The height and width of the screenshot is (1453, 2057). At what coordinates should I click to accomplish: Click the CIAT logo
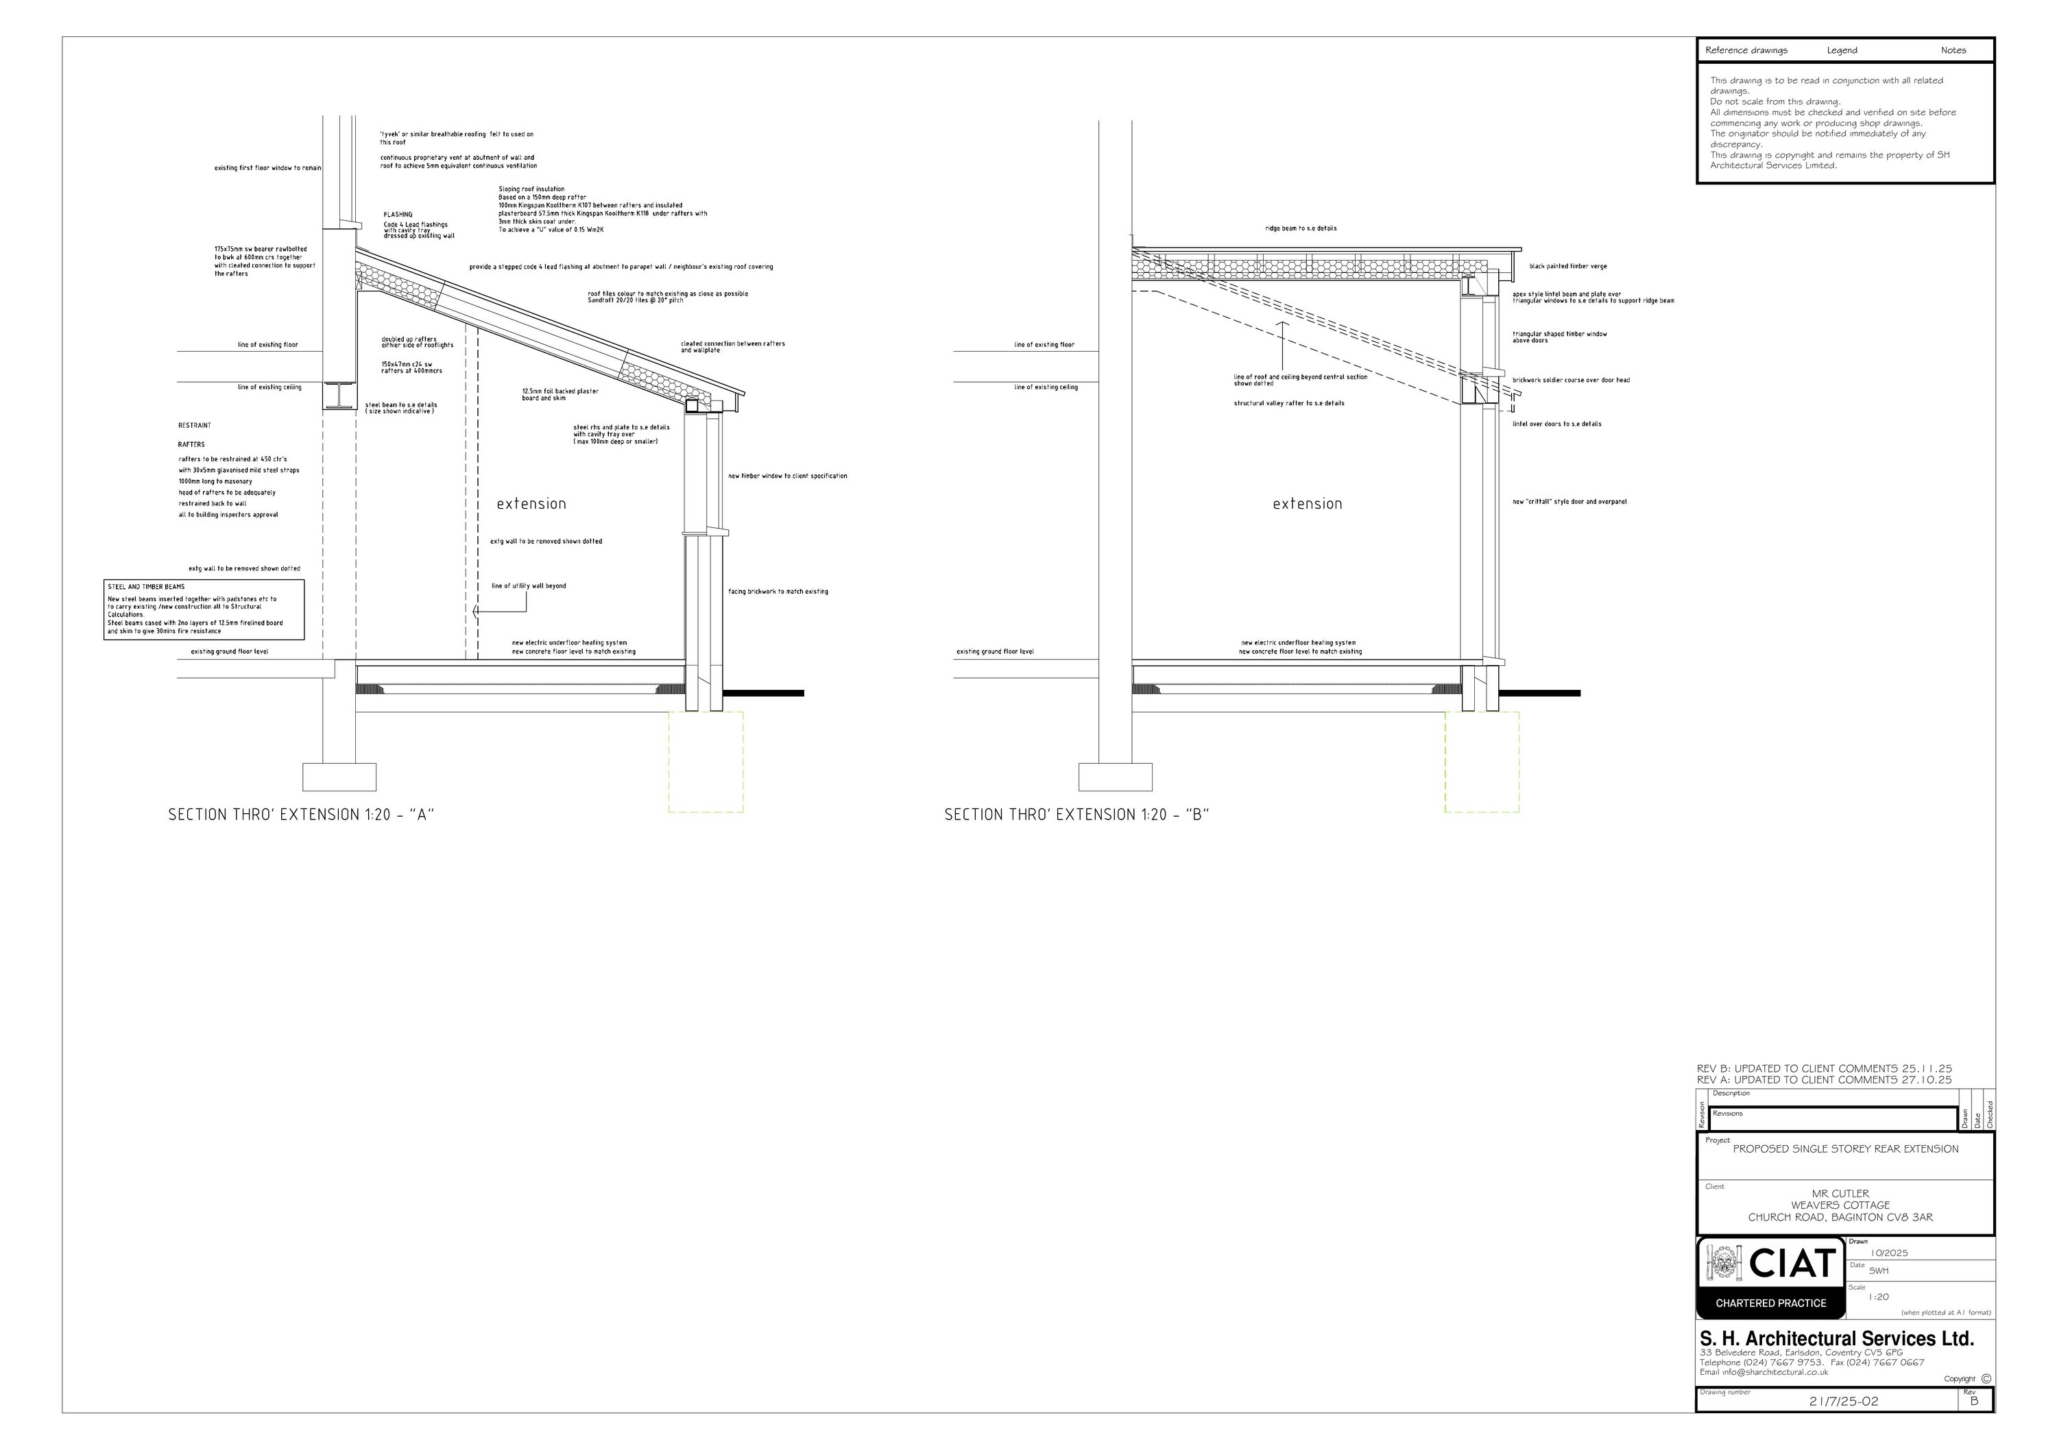tap(1770, 1277)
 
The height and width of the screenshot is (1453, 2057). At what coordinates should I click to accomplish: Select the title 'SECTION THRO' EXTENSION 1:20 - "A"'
tap(301, 815)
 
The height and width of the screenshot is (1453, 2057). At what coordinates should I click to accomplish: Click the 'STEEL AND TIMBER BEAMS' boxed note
tap(204, 609)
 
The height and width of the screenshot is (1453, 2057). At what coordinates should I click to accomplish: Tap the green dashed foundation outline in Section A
tap(706, 761)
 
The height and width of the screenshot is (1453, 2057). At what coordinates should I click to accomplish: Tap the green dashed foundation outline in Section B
tap(1482, 761)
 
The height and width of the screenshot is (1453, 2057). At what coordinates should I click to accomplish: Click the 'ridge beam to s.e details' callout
tap(1300, 228)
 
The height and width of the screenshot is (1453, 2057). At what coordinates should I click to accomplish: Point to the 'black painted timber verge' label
tap(1568, 267)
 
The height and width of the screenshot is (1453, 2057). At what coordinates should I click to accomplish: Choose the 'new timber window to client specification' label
tap(786, 476)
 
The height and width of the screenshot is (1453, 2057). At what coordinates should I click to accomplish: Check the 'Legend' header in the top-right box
tap(1842, 50)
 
